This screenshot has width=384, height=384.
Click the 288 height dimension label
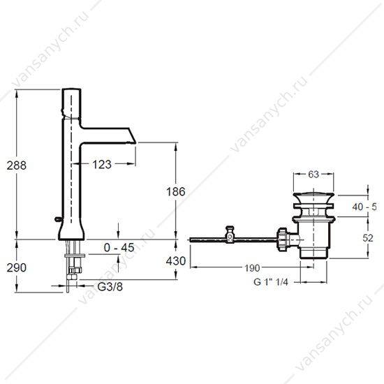pos(17,165)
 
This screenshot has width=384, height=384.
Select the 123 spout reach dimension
pos(102,164)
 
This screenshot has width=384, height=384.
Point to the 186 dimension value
pos(175,191)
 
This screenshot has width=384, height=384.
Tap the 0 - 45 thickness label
pos(119,248)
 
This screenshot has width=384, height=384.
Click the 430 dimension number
pos(176,261)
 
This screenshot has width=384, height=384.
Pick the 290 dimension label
pos(17,267)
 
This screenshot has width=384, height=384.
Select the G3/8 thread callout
pos(110,286)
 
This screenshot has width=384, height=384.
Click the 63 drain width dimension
pos(313,175)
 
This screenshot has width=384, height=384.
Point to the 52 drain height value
pos(368,238)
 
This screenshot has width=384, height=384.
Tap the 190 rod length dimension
pos(252,268)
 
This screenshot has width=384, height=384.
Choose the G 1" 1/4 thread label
pos(271,282)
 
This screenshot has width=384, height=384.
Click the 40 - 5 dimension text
pos(364,207)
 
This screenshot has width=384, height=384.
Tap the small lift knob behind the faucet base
pos(58,219)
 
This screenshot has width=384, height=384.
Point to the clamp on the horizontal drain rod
pos(230,235)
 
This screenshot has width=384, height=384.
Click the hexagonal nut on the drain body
pos(282,239)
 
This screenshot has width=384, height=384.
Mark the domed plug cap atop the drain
pos(313,197)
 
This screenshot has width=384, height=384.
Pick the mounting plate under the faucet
pos(75,256)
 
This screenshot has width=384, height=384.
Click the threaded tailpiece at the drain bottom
pos(313,253)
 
